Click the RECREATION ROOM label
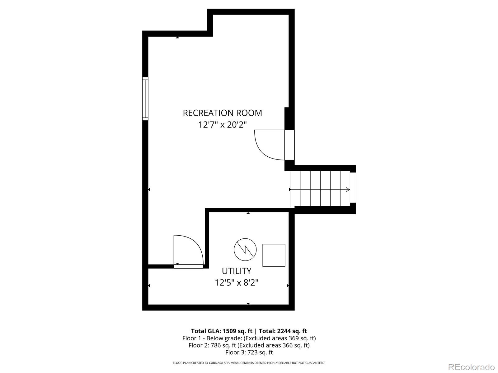(222, 113)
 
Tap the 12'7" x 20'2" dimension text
(222, 125)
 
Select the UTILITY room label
(237, 271)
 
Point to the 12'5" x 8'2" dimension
(237, 283)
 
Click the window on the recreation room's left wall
(145, 99)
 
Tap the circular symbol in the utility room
(245, 250)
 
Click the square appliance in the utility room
(274, 255)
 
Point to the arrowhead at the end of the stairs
(348, 190)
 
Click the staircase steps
(320, 189)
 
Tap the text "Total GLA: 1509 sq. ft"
(222, 331)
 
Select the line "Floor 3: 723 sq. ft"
(249, 352)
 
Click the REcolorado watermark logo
(472, 367)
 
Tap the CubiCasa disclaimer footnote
(249, 363)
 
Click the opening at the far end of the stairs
(353, 187)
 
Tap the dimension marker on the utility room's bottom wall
(248, 304)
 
